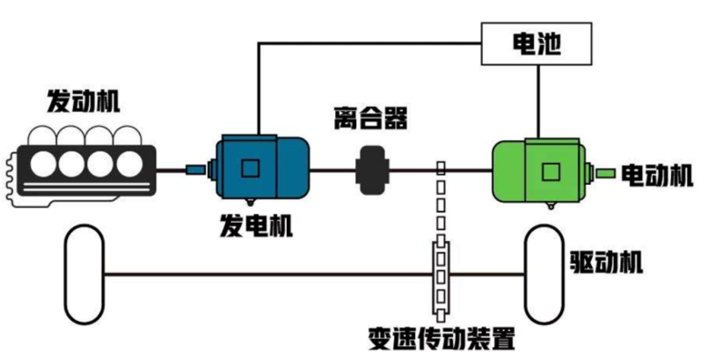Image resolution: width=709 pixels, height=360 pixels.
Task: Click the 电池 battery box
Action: [537, 44]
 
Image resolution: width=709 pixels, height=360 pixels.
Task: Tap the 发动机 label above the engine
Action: [84, 100]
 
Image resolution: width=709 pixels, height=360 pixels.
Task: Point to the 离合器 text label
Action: [371, 119]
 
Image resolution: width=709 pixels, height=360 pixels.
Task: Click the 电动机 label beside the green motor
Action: [657, 175]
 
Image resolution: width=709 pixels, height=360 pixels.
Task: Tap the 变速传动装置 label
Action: [442, 338]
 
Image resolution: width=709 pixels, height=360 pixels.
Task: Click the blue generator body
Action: [263, 168]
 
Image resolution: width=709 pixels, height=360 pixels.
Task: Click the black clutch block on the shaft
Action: [373, 171]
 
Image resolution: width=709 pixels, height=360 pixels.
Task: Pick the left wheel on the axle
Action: [84, 275]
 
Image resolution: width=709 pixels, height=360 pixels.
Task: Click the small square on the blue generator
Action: [250, 168]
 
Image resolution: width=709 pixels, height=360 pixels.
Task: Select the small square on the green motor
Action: [551, 173]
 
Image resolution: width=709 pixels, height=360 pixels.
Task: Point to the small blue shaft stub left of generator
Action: [195, 170]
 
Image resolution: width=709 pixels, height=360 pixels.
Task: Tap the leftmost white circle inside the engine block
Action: [43, 164]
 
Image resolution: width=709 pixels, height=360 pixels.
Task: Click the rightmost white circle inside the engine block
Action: [130, 164]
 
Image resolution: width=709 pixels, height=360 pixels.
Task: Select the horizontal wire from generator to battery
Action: [369, 43]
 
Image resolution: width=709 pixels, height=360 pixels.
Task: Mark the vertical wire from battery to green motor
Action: [538, 102]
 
